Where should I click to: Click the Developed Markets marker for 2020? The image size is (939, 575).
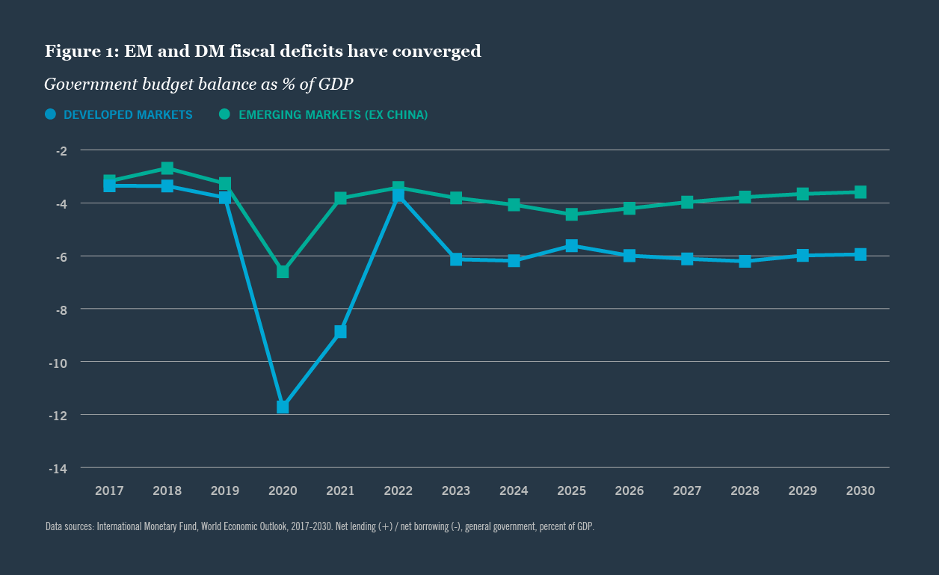283,407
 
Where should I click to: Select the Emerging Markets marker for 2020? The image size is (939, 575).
283,271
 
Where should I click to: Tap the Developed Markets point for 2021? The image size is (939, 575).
340,331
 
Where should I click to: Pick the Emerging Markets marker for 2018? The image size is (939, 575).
167,168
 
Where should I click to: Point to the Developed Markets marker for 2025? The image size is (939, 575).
572,245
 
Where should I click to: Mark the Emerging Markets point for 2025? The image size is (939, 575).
572,215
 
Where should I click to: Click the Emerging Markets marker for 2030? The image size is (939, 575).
861,192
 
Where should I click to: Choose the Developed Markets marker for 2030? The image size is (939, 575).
861,254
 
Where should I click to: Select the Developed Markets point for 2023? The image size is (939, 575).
456,259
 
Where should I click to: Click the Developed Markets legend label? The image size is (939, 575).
128,115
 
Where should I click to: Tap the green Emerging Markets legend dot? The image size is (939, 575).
224,114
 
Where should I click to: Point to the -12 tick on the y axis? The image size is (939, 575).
58,415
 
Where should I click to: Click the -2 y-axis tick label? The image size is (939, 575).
61,150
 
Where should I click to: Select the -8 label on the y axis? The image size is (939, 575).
61,309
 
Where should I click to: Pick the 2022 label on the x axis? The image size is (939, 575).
398,491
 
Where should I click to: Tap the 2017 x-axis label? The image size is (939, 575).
109,491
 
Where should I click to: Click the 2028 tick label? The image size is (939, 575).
745,491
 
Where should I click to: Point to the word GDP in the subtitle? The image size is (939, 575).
336,84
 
